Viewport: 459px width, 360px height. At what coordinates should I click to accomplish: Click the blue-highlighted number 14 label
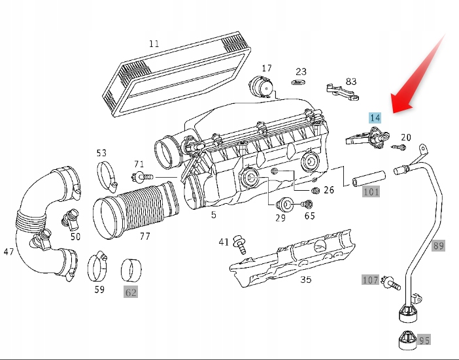coord(375,118)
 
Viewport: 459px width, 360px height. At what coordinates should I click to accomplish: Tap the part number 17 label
coord(267,68)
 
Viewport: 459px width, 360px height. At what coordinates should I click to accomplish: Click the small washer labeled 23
coord(299,85)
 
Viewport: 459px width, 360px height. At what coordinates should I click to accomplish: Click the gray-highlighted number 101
coord(371,191)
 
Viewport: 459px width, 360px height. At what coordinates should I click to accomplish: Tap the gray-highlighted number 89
coord(438,246)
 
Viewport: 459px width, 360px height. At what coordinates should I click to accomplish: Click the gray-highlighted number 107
coord(371,280)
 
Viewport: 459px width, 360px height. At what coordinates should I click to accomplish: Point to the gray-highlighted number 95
coord(424,340)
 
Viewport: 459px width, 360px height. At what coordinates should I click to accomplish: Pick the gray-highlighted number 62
coord(131,292)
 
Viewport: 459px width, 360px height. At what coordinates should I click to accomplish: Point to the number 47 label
coord(8,252)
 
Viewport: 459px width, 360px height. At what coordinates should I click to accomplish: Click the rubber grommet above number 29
coord(284,202)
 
